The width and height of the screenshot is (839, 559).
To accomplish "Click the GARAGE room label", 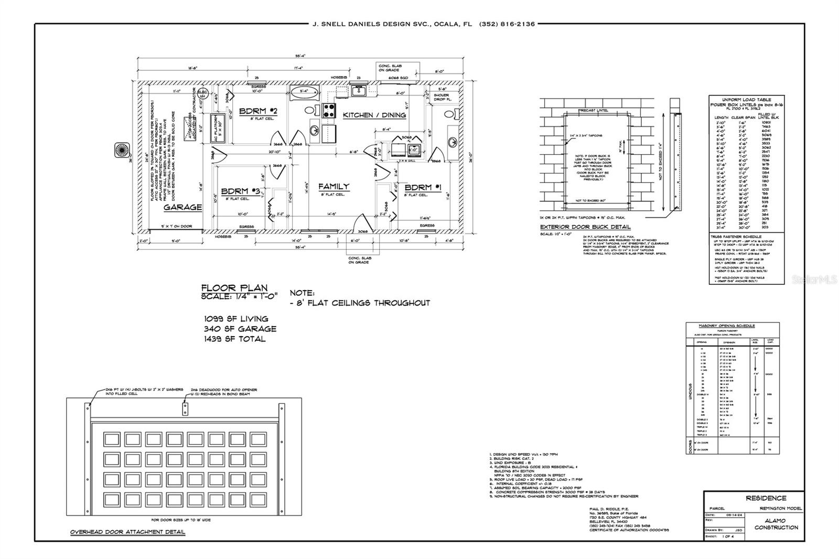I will pos(182,207).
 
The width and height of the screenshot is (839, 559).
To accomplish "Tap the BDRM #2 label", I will pos(257,111).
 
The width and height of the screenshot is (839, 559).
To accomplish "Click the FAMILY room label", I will pos(334,186).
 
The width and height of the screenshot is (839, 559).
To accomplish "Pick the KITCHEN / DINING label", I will pos(374,115).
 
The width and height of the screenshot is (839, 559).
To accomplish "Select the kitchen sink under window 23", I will pos(359,91).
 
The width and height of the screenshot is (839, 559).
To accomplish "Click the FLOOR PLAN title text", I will pos(234,287).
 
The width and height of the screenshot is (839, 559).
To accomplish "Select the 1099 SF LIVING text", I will pos(236,318).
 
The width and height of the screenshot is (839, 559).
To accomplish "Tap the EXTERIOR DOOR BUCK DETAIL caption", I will pos(585,227).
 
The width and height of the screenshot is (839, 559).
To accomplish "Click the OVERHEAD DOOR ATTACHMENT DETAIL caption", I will pos(127,532).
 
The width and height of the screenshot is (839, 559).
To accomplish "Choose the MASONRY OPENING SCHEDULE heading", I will pos(733,326).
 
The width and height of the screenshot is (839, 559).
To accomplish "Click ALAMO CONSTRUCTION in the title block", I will pos(776,523).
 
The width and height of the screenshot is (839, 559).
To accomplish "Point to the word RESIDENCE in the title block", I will pos(766,498).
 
